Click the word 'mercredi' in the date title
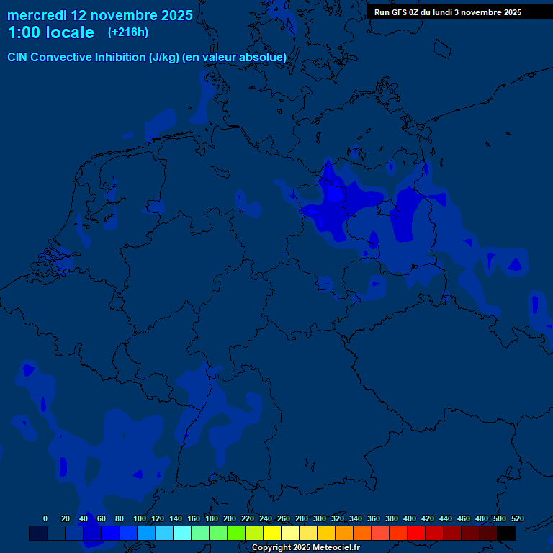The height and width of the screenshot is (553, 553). [x=37, y=15]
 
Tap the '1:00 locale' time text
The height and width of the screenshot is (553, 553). [x=50, y=32]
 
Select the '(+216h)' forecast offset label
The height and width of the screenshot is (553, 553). [x=128, y=32]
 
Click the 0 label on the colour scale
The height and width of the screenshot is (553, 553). [x=45, y=518]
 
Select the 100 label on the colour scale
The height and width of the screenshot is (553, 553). [x=140, y=518]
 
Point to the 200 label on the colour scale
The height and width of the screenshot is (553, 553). [x=230, y=518]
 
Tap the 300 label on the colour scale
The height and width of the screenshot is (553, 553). [x=320, y=518]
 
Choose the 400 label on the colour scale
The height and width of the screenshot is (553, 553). [x=410, y=518]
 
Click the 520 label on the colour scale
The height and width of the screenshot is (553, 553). [x=517, y=518]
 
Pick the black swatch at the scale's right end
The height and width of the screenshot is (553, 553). [x=506, y=533]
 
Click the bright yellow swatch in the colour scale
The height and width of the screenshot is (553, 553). [x=272, y=533]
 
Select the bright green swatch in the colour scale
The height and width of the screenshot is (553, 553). [x=236, y=533]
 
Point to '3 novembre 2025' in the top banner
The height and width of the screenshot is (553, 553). [x=486, y=12]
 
